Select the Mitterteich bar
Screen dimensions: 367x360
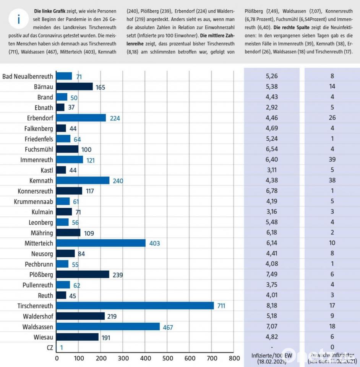click(x=101, y=243)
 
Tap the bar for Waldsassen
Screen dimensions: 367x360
click(x=108, y=326)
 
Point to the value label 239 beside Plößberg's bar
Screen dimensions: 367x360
click(x=118, y=274)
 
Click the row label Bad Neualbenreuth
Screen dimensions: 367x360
click(x=28, y=76)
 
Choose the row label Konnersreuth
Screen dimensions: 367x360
click(x=36, y=191)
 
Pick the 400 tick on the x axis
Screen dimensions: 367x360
click(x=145, y=358)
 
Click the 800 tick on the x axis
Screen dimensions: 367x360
click(x=234, y=358)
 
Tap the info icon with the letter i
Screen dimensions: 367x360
click(x=19, y=19)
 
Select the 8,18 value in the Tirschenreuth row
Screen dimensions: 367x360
click(x=272, y=305)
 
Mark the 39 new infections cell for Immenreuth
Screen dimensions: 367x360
click(x=332, y=159)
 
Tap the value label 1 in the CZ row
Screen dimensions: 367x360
click(x=62, y=348)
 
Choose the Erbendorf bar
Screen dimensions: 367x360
click(x=81, y=118)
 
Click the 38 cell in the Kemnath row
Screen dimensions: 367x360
click(x=332, y=180)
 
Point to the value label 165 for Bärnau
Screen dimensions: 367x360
click(x=100, y=87)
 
